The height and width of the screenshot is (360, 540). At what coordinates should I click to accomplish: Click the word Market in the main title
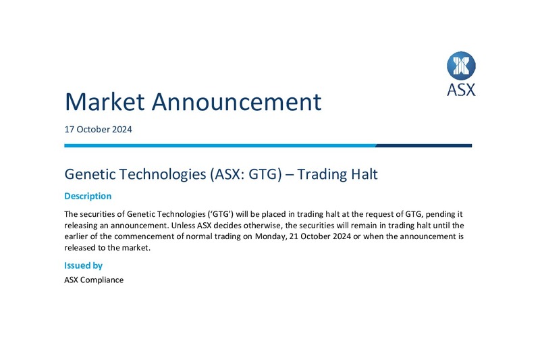(x=105, y=101)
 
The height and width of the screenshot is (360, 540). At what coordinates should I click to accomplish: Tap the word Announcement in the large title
(x=237, y=101)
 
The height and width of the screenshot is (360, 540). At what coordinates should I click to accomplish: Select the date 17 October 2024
(x=98, y=130)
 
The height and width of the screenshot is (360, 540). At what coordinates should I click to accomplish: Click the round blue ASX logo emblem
(x=461, y=66)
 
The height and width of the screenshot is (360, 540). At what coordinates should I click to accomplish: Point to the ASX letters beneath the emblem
(x=461, y=90)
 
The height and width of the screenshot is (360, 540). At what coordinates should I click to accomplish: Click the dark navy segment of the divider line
(x=424, y=146)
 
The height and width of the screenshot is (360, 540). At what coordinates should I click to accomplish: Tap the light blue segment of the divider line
(x=220, y=146)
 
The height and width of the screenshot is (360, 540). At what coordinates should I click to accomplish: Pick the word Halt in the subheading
(x=364, y=174)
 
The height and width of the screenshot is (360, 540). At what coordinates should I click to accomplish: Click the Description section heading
(x=88, y=197)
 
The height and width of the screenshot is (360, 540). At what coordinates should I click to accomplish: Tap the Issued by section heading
(x=83, y=265)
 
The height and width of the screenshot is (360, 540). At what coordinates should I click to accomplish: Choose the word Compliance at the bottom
(x=102, y=280)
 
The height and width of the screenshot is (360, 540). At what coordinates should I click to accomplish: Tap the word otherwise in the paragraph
(x=264, y=226)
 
